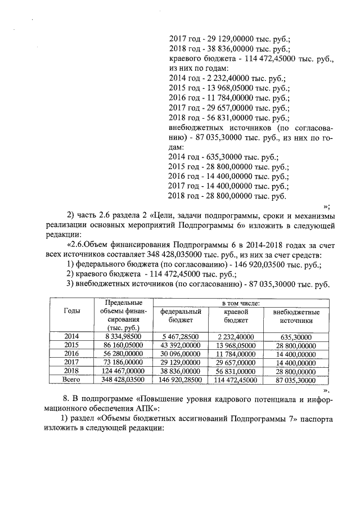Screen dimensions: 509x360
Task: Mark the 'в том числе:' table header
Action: point(240,303)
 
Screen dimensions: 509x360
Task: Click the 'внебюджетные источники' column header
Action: point(296,316)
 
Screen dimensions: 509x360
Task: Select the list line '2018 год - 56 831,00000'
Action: point(228,118)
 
